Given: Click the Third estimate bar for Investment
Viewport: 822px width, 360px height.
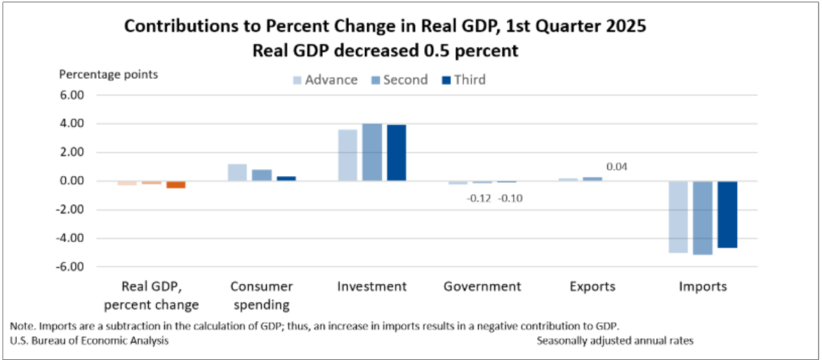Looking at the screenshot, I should [397, 152].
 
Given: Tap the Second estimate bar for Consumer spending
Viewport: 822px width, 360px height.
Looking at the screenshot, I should [262, 175].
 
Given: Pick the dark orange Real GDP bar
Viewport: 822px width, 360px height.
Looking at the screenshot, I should [176, 185].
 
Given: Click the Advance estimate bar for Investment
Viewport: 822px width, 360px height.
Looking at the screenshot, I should [347, 155].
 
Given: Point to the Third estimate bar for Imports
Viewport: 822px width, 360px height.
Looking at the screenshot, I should [727, 214].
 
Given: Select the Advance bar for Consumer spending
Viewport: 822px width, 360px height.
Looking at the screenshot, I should [237, 173].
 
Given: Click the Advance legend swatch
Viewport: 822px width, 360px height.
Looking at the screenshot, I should [297, 80].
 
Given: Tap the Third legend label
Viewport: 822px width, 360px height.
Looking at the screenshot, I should [470, 80].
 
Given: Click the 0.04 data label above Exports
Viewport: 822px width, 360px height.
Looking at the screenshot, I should [616, 167].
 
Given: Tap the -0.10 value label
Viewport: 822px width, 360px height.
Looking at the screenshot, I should [510, 198].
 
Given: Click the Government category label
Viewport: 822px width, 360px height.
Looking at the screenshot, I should [482, 286].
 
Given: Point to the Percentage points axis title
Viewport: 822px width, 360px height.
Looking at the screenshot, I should [109, 74].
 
